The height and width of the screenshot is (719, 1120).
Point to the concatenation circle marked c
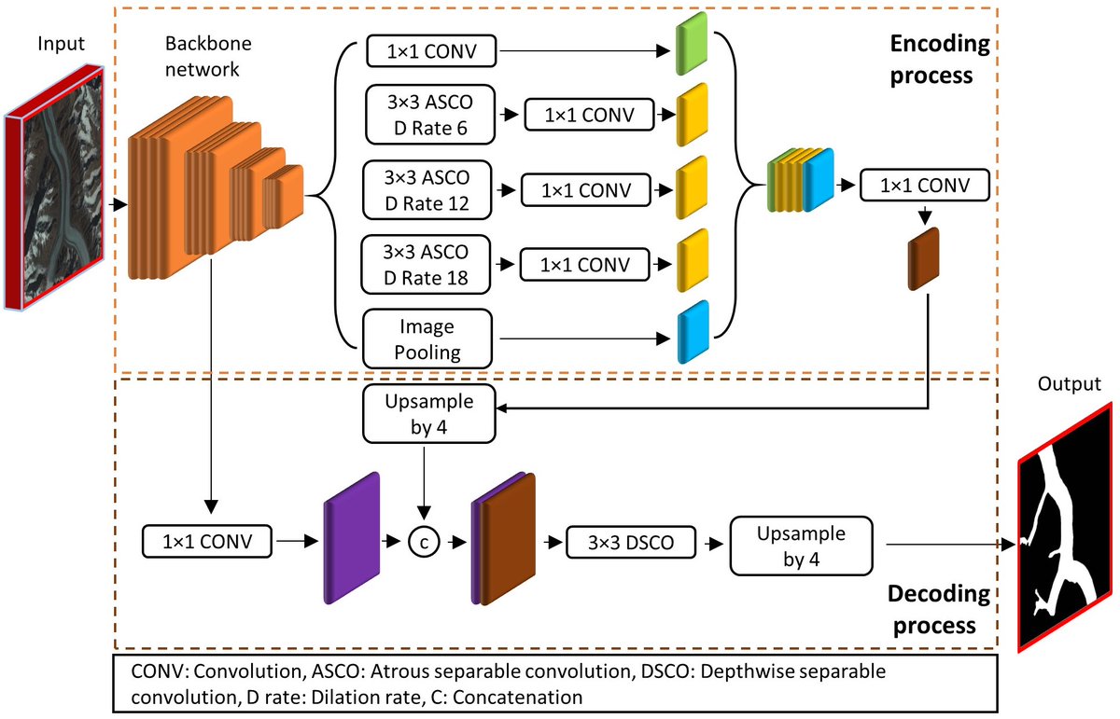coord(423,541)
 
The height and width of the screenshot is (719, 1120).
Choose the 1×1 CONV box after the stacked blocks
coord(925,186)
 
